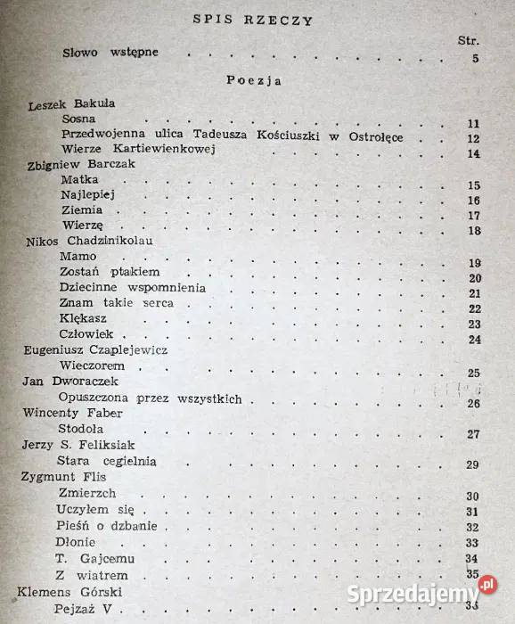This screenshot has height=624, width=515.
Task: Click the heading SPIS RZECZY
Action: [252, 21]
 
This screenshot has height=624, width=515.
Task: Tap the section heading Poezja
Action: [254, 80]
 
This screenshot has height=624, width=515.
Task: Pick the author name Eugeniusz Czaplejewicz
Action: [95, 350]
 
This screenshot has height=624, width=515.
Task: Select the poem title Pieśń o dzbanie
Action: [106, 525]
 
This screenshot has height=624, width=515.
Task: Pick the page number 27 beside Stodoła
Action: [473, 434]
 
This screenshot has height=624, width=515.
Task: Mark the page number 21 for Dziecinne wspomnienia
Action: [473, 293]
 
